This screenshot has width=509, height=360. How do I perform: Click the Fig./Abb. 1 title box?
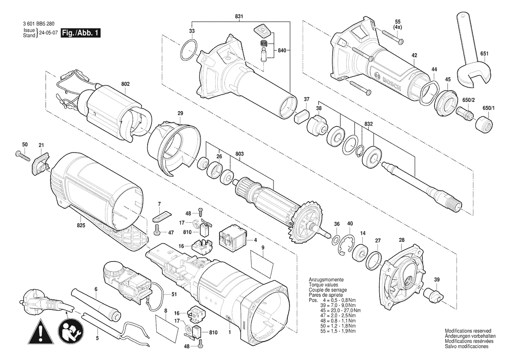(x=81, y=33)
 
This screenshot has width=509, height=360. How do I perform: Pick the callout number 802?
(x=126, y=84)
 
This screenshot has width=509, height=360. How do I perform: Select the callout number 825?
(x=81, y=225)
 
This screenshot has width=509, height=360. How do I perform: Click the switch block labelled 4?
(x=233, y=239)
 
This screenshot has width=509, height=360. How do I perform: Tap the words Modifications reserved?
(x=468, y=331)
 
